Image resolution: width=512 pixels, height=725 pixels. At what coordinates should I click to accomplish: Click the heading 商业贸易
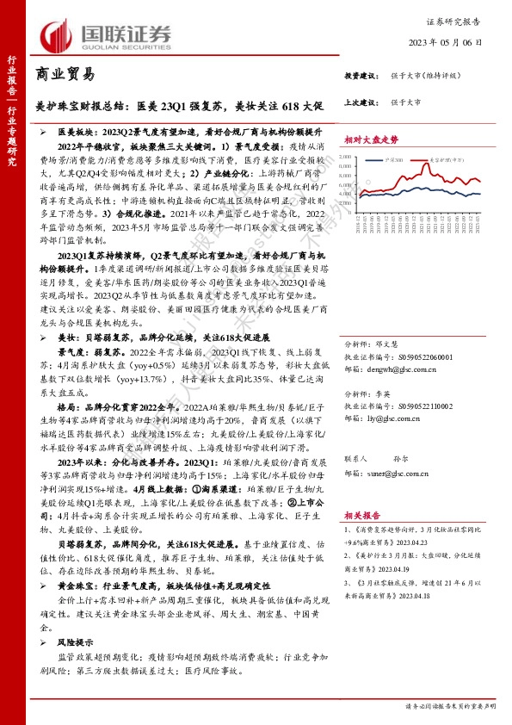tap(65, 76)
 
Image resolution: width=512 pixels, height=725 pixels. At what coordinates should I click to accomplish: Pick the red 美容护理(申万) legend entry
tap(446, 160)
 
